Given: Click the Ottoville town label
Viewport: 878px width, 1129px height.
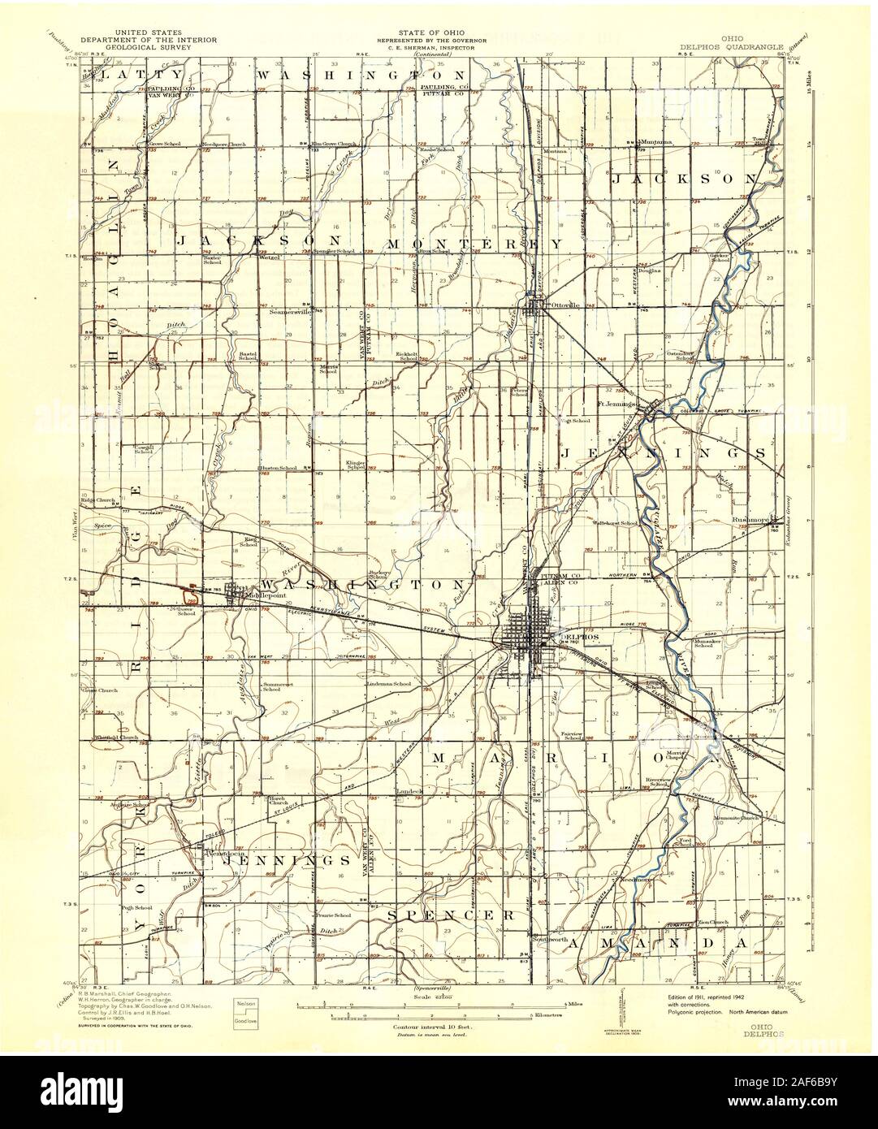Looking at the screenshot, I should tap(564, 305).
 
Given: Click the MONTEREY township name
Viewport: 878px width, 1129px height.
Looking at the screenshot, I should tap(474, 244).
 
